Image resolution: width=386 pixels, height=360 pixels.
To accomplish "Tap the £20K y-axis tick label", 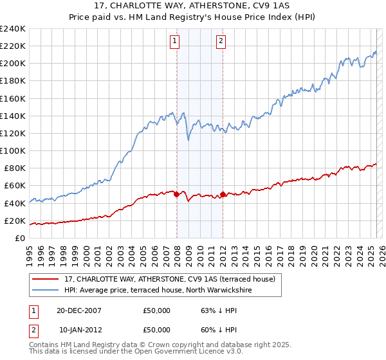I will (14, 221).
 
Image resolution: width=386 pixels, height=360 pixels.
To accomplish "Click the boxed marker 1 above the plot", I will (174, 42).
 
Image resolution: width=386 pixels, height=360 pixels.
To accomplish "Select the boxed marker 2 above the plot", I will (221, 42).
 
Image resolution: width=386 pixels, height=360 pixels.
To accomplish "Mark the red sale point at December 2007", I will (177, 194).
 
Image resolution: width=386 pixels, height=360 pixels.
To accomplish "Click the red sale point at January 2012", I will (223, 194).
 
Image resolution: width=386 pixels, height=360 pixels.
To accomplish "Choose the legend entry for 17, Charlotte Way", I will (170, 278).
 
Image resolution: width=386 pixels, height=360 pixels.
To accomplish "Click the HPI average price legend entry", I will (158, 291).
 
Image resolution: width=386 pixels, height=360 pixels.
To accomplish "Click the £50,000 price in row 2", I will (157, 330).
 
